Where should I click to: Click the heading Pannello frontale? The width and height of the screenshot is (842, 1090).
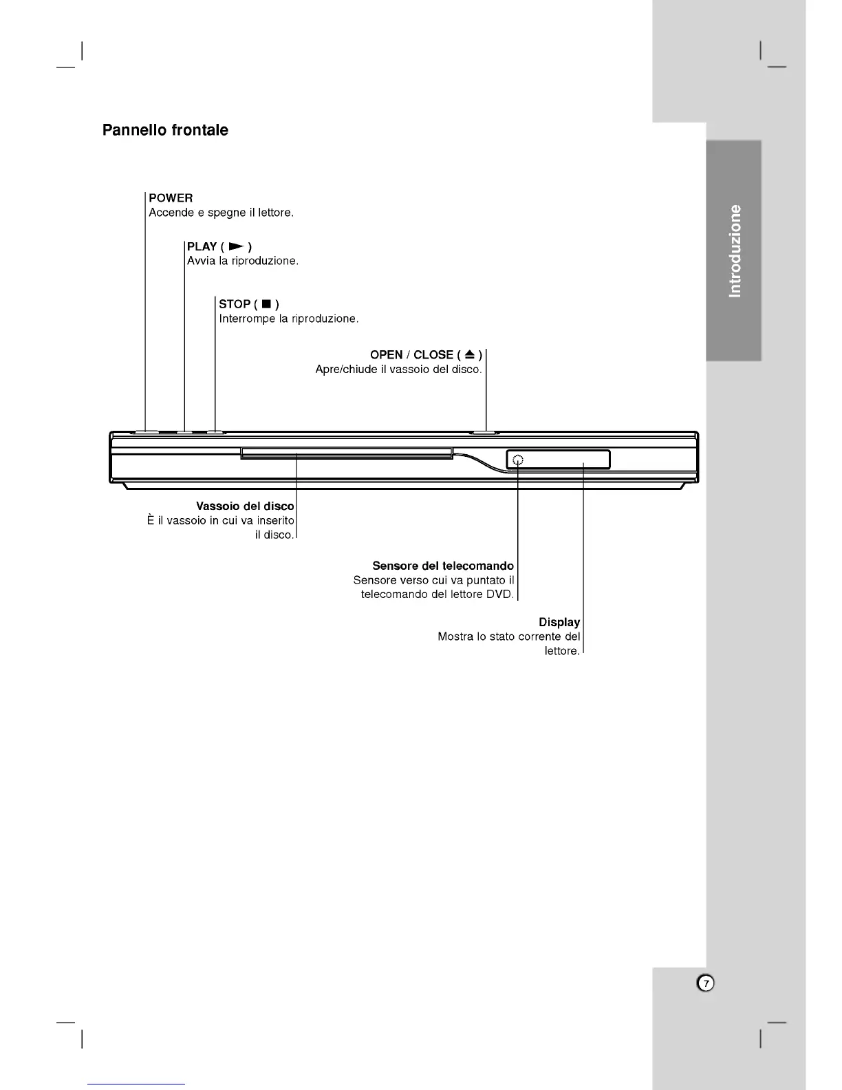coord(165,130)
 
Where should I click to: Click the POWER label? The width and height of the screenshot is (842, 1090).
coord(171,198)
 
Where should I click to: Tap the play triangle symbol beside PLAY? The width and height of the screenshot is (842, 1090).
coord(236,246)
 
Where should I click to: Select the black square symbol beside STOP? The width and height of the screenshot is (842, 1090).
coord(266,304)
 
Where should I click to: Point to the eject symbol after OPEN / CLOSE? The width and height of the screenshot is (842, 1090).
coord(469,354)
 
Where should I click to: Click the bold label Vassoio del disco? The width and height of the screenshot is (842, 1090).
coord(245,506)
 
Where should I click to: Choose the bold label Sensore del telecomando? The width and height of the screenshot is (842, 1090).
coord(443,566)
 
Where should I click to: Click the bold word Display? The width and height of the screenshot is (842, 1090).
coord(559,622)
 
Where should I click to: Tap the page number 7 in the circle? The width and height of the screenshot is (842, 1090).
coord(706,983)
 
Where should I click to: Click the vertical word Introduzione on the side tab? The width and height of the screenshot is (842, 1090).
coord(735,250)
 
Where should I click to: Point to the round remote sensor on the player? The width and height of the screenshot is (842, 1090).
coord(518,460)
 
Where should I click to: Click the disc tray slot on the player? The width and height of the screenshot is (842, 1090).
coord(347,453)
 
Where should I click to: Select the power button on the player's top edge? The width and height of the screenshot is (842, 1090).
coord(146,432)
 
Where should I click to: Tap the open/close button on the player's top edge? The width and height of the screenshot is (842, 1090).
coord(485,432)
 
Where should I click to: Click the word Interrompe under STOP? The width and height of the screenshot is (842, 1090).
coord(248,319)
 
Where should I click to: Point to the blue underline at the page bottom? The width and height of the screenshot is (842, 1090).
coord(136,1084)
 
